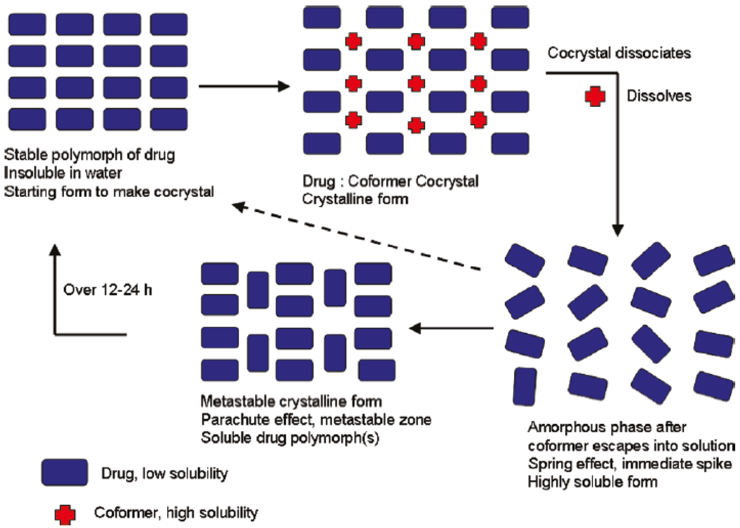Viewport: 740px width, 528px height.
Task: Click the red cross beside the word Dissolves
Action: [595, 96]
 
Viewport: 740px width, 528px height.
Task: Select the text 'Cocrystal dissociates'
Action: [619, 53]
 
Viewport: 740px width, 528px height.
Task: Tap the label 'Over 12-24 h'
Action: [107, 290]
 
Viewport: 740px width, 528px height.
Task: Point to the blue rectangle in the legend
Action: [65, 472]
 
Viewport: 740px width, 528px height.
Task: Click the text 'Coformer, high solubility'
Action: [176, 513]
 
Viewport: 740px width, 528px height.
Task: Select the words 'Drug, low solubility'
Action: [164, 473]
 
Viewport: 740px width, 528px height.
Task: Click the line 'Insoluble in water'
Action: [63, 173]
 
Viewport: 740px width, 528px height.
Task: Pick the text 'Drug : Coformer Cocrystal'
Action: [390, 181]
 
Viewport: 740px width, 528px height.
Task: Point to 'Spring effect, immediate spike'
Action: [630, 464]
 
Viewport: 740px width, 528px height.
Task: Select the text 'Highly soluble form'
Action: [592, 482]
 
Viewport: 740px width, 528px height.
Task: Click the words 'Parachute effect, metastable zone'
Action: [316, 420]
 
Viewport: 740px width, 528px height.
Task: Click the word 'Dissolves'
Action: [659, 96]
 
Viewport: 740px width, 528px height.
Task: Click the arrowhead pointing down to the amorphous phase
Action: [617, 230]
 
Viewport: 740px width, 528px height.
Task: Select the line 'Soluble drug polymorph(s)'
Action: [290, 438]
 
